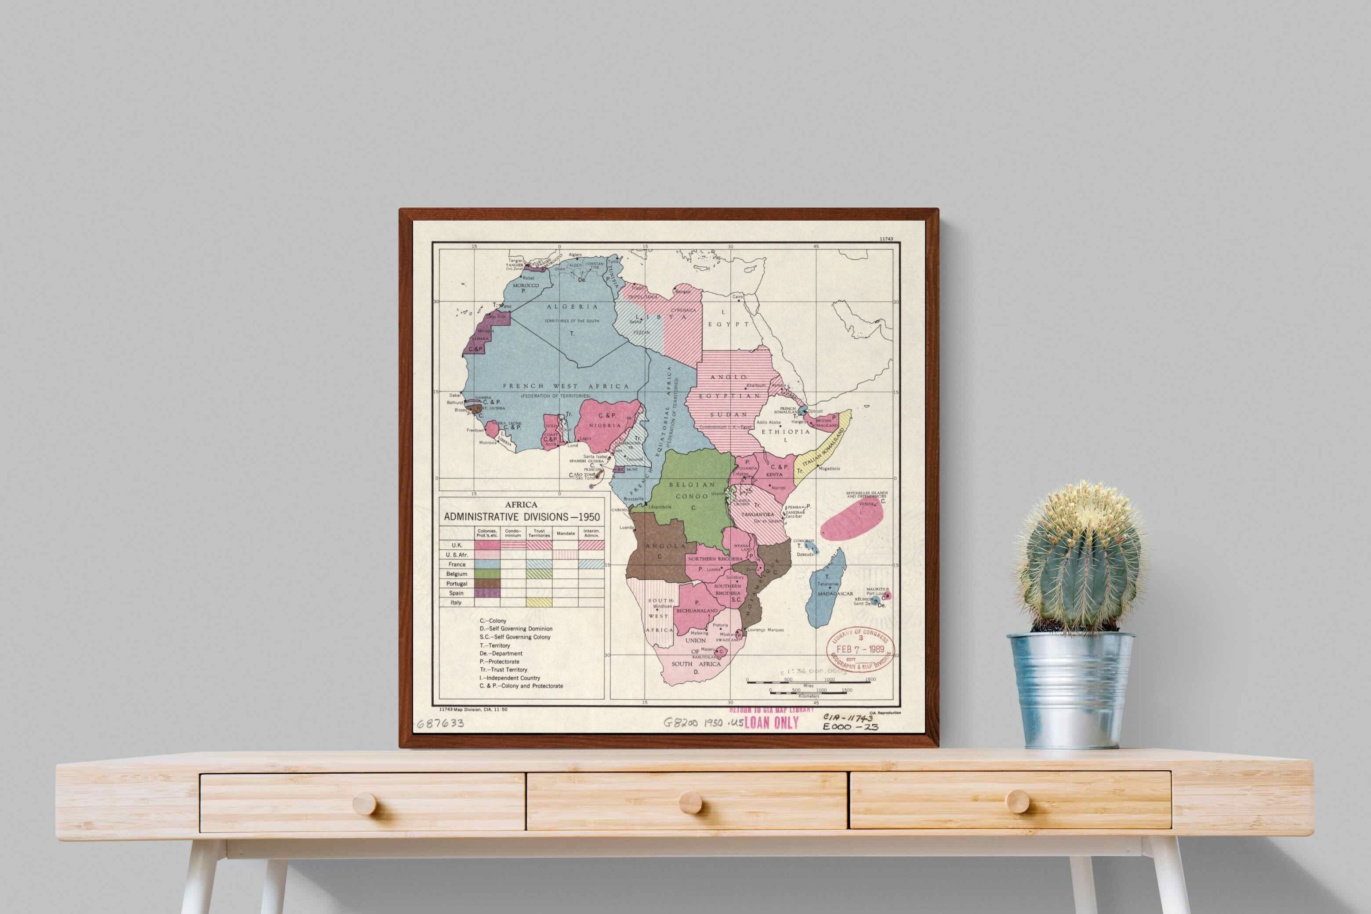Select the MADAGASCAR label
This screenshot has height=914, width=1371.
pos(835,593)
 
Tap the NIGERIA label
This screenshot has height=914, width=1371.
pos(605,425)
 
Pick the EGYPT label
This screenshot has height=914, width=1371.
pos(728,324)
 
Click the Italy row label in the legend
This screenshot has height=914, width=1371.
pos(456,602)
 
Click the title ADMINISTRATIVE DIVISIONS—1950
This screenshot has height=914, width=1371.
pos(521,516)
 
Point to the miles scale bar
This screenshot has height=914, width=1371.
pos(808,681)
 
